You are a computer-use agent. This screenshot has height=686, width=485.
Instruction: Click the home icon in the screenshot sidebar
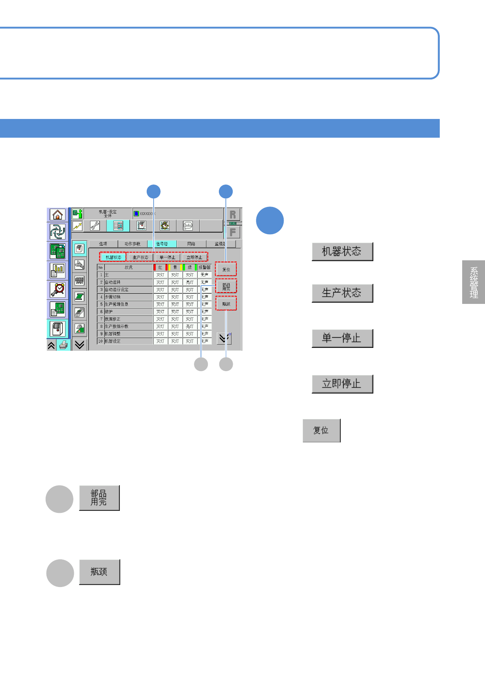[57, 215]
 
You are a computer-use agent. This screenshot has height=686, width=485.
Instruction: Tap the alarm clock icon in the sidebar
[57, 289]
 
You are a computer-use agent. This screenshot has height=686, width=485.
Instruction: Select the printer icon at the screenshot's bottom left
[63, 345]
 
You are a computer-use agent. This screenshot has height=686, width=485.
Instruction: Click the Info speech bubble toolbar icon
[187, 226]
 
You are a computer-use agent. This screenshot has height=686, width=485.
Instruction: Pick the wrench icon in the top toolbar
[95, 226]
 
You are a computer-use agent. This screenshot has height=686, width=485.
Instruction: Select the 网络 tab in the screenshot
[191, 244]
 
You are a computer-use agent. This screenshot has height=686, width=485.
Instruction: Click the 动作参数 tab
[132, 244]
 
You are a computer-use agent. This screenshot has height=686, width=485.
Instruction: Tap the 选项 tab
[103, 244]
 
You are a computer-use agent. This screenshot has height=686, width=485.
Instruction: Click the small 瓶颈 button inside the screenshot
[226, 304]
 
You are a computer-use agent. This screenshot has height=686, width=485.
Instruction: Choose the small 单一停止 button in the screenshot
[167, 257]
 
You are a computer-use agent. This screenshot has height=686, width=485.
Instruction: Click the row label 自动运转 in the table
[113, 282]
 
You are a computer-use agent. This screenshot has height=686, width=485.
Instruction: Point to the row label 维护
[109, 312]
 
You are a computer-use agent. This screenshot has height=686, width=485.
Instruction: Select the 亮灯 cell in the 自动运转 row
[190, 282]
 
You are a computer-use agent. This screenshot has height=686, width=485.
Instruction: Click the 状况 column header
[128, 268]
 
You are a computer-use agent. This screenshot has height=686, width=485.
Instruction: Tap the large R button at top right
[233, 215]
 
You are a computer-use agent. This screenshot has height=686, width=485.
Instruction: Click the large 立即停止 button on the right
[342, 384]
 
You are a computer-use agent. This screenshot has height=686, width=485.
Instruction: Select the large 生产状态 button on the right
[342, 293]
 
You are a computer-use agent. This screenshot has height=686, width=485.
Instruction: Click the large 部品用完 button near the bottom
[99, 498]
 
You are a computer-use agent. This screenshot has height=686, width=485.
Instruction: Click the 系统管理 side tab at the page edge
[474, 282]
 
